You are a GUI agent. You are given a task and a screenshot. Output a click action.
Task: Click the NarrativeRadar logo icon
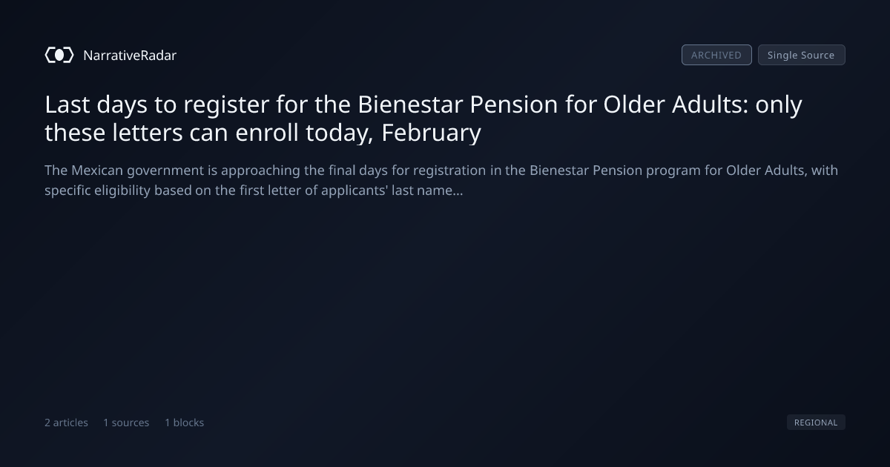coord(59,55)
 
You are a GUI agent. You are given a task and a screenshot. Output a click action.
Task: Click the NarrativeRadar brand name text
coord(130,55)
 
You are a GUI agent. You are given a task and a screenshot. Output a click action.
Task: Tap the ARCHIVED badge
coord(716,55)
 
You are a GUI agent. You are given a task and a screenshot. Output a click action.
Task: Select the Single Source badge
coord(802,55)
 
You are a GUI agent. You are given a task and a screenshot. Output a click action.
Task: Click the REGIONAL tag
coord(816,422)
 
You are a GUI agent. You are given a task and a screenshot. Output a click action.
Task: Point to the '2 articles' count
coord(66,423)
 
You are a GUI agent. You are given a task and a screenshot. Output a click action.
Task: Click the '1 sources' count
coord(126,423)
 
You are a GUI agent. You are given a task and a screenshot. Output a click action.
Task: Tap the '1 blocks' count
coord(185,423)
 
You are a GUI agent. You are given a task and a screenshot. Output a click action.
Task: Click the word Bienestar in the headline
coord(410,105)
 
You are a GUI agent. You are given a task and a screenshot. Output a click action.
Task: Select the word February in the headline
coord(431,133)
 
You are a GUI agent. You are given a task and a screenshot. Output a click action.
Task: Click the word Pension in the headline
coord(514,105)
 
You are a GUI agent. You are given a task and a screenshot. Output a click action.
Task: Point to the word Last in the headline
coord(67,105)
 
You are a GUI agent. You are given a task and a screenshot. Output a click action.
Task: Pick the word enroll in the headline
coord(267,133)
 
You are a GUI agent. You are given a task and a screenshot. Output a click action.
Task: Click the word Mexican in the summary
coord(97,170)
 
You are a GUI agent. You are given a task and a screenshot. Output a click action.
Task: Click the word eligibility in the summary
coord(122,191)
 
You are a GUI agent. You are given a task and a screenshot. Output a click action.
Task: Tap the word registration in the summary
coord(449,171)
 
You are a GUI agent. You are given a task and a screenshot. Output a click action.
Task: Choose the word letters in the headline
coord(148,133)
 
